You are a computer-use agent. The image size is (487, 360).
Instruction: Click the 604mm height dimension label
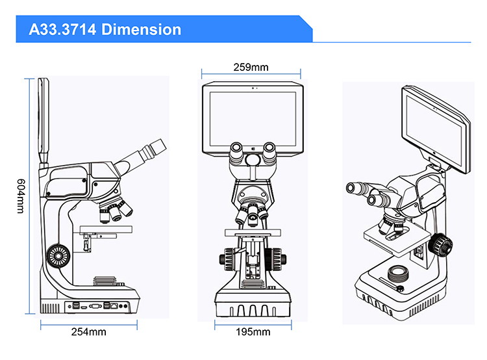[21, 196]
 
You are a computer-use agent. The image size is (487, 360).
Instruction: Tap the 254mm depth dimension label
[88, 331]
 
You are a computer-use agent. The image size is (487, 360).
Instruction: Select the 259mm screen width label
[251, 67]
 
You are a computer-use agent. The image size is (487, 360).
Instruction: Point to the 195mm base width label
[253, 331]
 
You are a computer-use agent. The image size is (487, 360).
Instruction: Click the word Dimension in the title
[142, 29]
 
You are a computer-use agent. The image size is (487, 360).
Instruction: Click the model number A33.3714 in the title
[62, 29]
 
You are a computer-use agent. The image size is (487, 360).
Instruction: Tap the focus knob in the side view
[58, 256]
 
